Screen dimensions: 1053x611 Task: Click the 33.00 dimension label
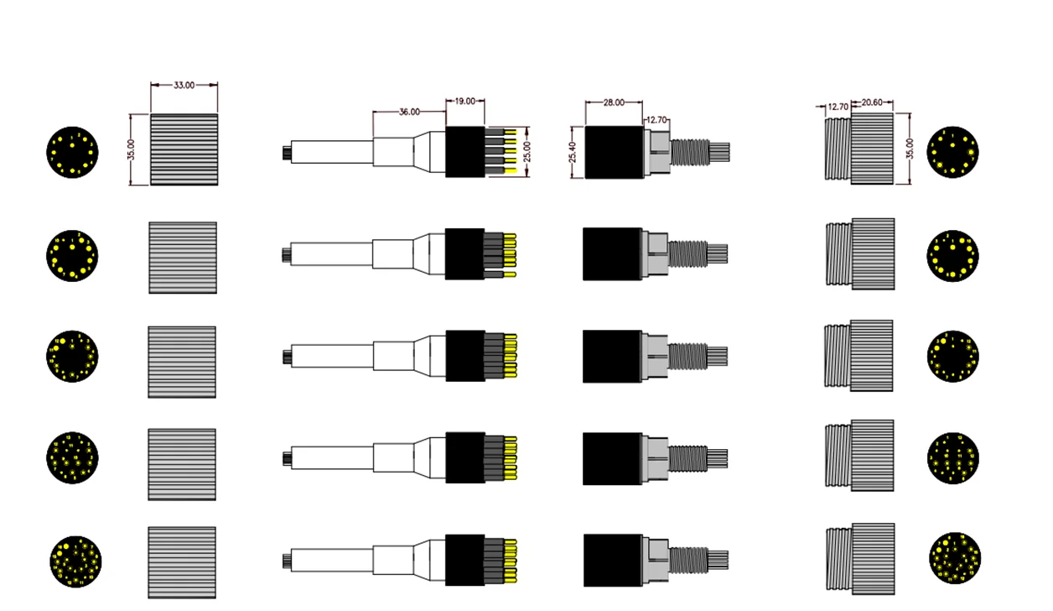coord(184,85)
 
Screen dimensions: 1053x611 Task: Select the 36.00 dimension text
coord(409,112)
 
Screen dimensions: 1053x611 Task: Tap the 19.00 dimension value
coord(464,101)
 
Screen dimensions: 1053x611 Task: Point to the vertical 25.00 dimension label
coord(526,152)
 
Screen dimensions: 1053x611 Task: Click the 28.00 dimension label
coord(614,102)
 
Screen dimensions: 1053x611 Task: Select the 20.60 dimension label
coord(872,102)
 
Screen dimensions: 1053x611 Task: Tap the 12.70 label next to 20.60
coord(838,107)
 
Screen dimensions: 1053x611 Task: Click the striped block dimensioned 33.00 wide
coord(184,149)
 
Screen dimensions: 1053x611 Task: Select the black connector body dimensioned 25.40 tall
coord(613,152)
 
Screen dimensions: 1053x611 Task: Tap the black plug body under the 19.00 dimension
coord(464,152)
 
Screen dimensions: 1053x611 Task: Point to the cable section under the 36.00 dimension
coord(394,152)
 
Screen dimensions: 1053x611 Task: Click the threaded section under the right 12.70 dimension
coord(838,149)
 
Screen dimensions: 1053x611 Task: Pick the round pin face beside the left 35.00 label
coord(72,152)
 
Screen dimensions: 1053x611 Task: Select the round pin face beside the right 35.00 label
coord(952,152)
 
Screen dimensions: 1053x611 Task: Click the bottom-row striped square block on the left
coord(182,562)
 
